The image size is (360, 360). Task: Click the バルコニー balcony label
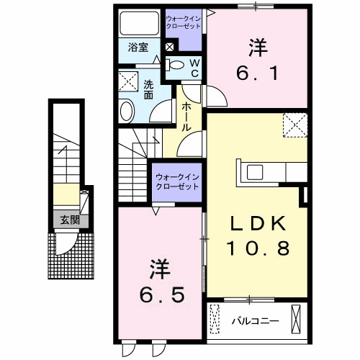click(x=251, y=317)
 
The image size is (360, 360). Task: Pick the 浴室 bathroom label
click(x=138, y=48)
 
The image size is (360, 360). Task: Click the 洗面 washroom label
click(x=148, y=89)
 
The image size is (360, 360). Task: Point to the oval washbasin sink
click(x=127, y=112)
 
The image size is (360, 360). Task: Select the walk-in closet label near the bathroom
click(x=184, y=22)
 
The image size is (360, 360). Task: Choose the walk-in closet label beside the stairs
click(x=174, y=181)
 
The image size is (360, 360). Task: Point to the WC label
click(x=194, y=67)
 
